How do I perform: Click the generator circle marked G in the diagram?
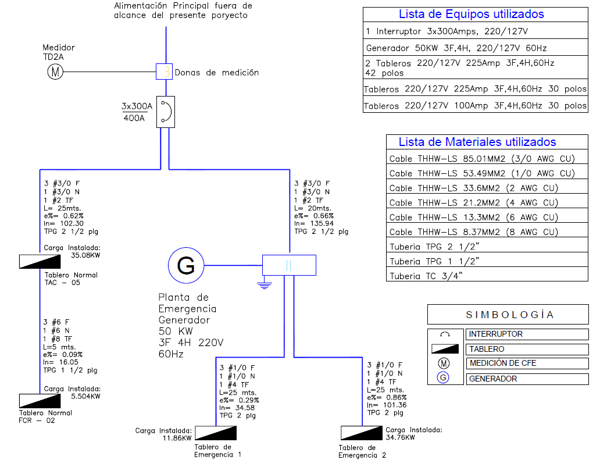[x=186, y=265]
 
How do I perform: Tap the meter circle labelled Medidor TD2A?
[x=55, y=72]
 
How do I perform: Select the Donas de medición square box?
[x=164, y=72]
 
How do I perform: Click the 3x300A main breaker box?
[x=166, y=112]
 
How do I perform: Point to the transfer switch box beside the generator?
[x=290, y=265]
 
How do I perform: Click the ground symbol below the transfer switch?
[x=265, y=285]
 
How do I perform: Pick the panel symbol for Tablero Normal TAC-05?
[x=40, y=262]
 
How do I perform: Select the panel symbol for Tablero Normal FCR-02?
[x=40, y=401]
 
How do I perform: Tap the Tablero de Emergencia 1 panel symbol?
[x=216, y=433]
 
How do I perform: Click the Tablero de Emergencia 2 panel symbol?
[x=362, y=433]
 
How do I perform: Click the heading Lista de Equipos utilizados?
[x=472, y=14]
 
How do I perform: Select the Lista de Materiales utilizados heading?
[x=477, y=142]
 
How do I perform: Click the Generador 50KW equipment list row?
[x=475, y=47]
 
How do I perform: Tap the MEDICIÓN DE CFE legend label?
[x=503, y=363]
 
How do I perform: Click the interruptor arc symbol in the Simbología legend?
[x=445, y=334]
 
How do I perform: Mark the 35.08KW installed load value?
[x=85, y=255]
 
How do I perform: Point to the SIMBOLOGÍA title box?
[x=508, y=315]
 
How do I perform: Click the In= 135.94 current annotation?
[x=314, y=223]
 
